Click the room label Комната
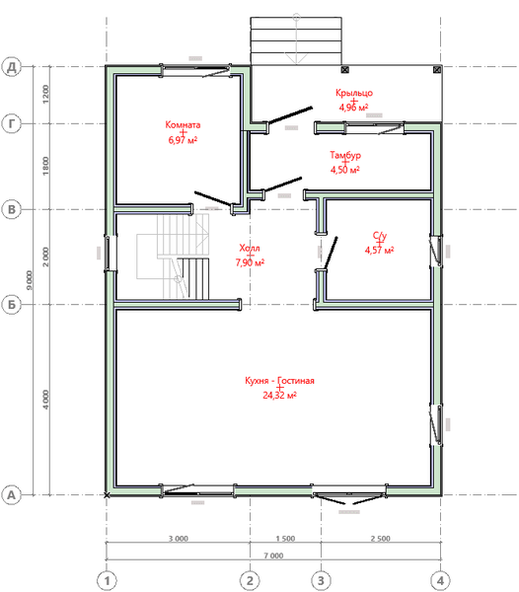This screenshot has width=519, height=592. [185, 125]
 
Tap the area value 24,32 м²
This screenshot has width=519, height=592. [280, 395]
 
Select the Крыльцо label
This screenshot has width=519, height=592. [354, 93]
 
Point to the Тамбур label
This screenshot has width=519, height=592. [345, 156]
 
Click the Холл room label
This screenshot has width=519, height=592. [250, 249]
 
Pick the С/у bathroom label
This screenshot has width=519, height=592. [379, 236]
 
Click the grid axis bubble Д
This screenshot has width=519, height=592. [12, 67]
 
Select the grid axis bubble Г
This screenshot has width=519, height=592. [12, 124]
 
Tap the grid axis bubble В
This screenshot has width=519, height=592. [12, 209]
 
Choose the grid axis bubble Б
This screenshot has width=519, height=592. [12, 304]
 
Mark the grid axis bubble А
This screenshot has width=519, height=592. [12, 493]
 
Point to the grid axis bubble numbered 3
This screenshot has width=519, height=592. [320, 579]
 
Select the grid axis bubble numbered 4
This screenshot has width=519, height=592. [439, 579]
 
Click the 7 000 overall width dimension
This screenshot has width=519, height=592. [273, 556]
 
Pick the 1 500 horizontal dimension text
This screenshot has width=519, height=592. [284, 540]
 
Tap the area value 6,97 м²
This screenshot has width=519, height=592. [185, 140]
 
